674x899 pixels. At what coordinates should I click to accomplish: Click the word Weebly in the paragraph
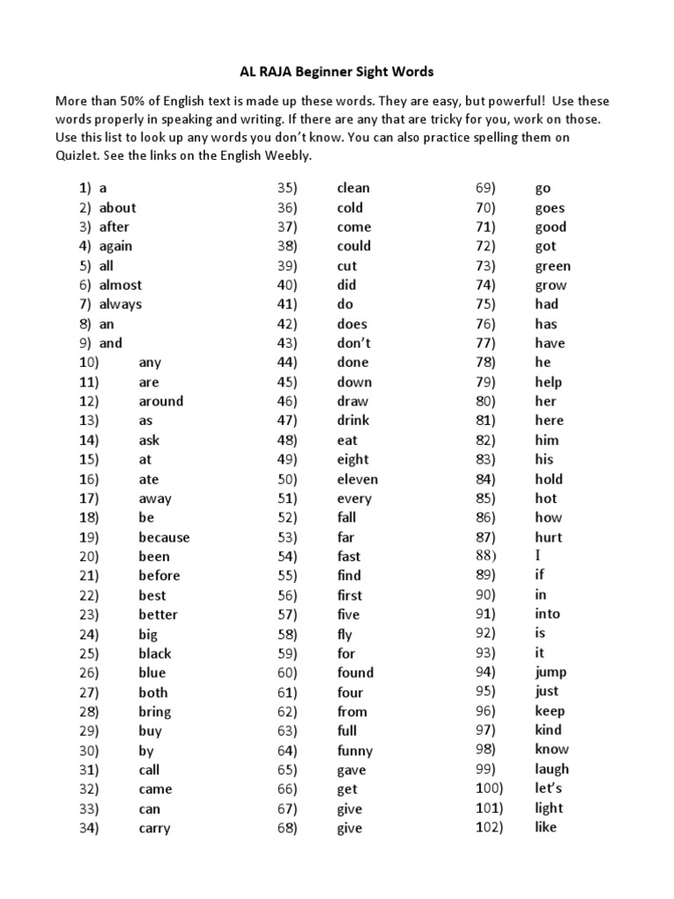286,155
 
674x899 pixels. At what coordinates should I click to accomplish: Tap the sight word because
163,537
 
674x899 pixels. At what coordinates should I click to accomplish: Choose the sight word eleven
357,479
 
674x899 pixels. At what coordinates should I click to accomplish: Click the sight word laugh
551,769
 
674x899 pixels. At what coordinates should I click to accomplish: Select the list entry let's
549,788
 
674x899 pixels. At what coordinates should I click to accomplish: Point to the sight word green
553,266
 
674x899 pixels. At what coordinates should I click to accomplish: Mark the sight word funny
355,751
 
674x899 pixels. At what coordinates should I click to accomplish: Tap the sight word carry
154,828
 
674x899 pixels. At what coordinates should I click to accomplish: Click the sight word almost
120,285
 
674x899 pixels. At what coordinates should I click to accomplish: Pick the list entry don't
354,343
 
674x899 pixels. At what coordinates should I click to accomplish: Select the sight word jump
551,672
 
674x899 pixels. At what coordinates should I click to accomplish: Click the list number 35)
288,188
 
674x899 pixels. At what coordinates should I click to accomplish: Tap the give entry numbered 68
349,828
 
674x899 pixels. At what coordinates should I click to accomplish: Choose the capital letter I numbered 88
538,556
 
